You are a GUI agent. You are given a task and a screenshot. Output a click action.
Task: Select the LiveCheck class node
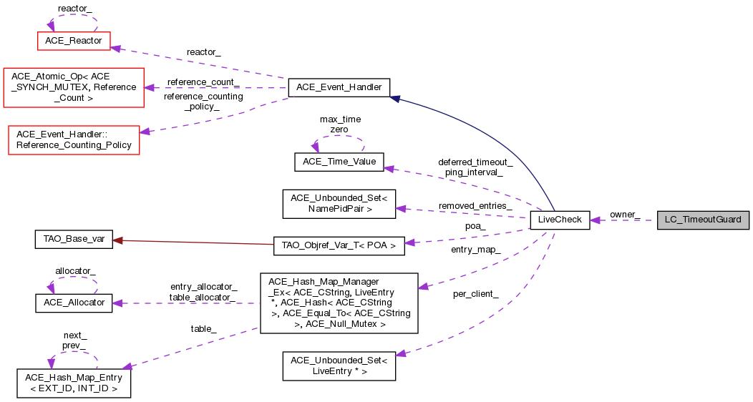tap(560, 220)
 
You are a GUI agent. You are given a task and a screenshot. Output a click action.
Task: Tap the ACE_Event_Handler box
tap(339, 88)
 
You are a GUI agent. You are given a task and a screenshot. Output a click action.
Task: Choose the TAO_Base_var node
tap(74, 240)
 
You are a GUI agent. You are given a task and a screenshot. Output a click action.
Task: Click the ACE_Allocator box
tap(74, 303)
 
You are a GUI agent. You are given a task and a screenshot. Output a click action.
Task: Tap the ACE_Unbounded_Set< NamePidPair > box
tap(339, 203)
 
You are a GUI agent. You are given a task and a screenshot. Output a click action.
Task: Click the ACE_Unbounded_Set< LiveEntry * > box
tap(339, 365)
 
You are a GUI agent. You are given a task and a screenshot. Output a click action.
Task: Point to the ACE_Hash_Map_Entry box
tap(74, 383)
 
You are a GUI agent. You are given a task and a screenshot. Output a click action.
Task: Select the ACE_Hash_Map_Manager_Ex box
tap(339, 303)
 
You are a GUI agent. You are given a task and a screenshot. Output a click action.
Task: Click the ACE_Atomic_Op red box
tap(74, 87)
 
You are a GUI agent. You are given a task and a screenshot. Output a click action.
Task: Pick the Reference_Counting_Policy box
tap(74, 139)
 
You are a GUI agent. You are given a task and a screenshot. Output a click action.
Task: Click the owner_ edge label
tap(624, 215)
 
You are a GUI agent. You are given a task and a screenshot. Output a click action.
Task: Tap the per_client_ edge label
tap(476, 294)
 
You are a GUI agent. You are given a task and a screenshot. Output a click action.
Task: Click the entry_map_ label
tap(475, 249)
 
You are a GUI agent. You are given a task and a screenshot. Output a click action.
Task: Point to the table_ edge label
tap(203, 328)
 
